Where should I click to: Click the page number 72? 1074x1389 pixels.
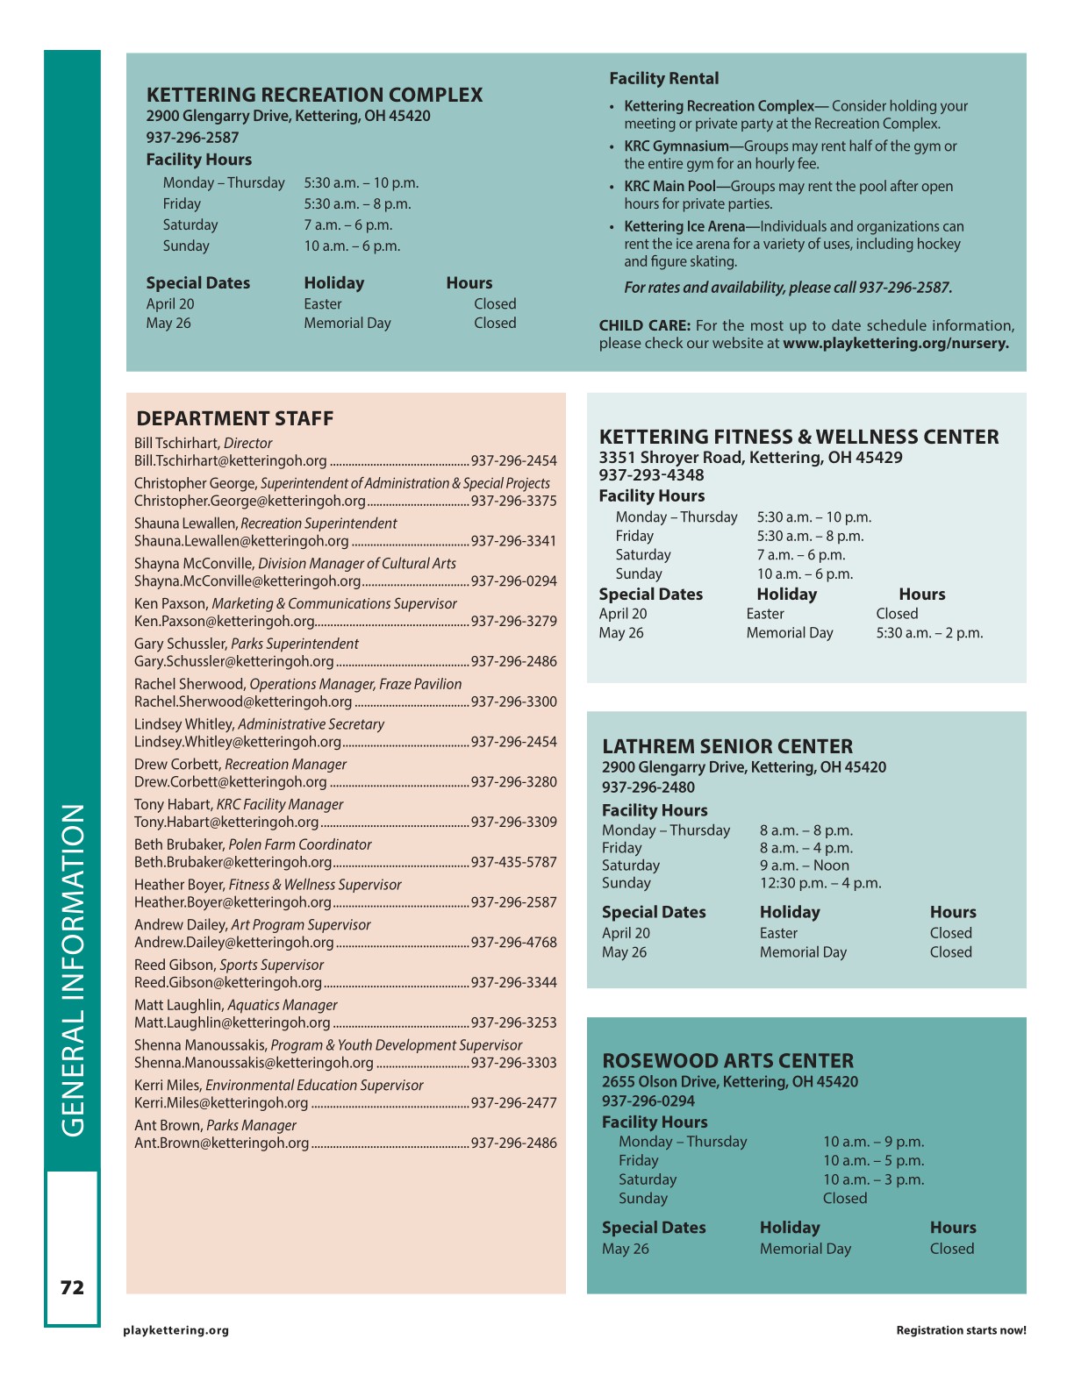tap(72, 1287)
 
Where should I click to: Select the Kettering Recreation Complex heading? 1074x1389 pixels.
tap(314, 95)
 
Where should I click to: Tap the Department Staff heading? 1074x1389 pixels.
tap(234, 418)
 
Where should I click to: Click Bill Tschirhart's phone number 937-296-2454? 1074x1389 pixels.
tap(513, 460)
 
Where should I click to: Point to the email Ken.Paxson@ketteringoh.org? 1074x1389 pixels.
tap(224, 621)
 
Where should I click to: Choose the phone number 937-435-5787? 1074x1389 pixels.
tap(513, 862)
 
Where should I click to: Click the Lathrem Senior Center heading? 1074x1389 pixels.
tap(727, 746)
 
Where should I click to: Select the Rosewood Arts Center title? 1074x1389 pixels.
tap(727, 1060)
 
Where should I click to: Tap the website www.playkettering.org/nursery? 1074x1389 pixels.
tap(895, 343)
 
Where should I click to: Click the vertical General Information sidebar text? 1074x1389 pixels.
tap(73, 970)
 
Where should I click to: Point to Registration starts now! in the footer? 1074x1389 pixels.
tap(961, 1330)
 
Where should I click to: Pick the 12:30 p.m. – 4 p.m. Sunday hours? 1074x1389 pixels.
tap(820, 883)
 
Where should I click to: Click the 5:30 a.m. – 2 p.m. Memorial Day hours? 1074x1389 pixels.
tap(929, 632)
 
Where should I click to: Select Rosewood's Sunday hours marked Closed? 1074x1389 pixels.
tap(844, 1198)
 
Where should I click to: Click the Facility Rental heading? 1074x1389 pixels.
tap(663, 78)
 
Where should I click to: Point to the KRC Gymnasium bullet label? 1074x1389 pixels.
tap(676, 146)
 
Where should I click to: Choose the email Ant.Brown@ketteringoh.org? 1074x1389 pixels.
tap(221, 1143)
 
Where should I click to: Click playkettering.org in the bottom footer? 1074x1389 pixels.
tap(175, 1330)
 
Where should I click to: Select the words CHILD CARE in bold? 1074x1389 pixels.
tap(644, 325)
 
